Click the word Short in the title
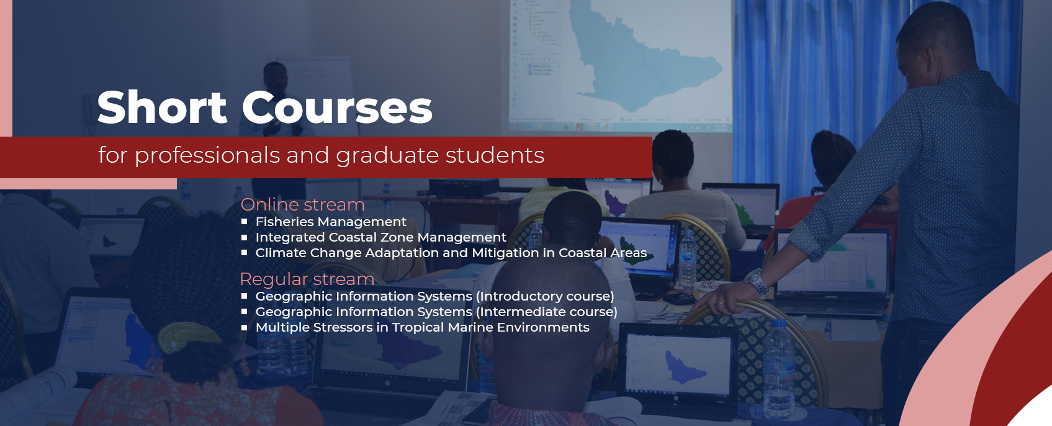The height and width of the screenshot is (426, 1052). pos(162,107)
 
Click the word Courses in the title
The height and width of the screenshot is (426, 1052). pos(336,107)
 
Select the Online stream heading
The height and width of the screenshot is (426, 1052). pos(302,204)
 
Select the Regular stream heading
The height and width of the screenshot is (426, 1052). pos(307,279)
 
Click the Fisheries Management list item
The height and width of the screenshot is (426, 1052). pos(331,222)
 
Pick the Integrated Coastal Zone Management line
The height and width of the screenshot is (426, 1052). pos(380,237)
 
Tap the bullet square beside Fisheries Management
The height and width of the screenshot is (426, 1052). pos(244,221)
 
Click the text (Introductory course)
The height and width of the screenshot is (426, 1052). pos(545,296)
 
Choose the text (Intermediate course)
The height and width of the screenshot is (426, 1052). pos(546,312)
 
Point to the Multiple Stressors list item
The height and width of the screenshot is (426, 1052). pos(422,327)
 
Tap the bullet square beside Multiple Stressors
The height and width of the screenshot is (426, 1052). pos(244,327)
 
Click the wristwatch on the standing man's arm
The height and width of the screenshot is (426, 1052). pos(757,282)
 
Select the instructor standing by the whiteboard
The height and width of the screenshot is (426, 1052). pos(277,99)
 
